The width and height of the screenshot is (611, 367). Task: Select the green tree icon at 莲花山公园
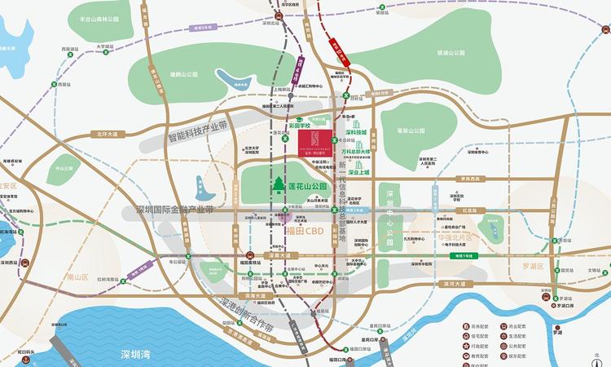tap(278, 186)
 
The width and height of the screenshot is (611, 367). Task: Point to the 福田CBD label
tap(305, 231)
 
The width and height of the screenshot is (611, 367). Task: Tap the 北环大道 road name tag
tap(108, 134)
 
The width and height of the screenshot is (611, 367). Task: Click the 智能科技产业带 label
tap(198, 133)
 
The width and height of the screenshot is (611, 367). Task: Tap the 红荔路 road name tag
tap(469, 210)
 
